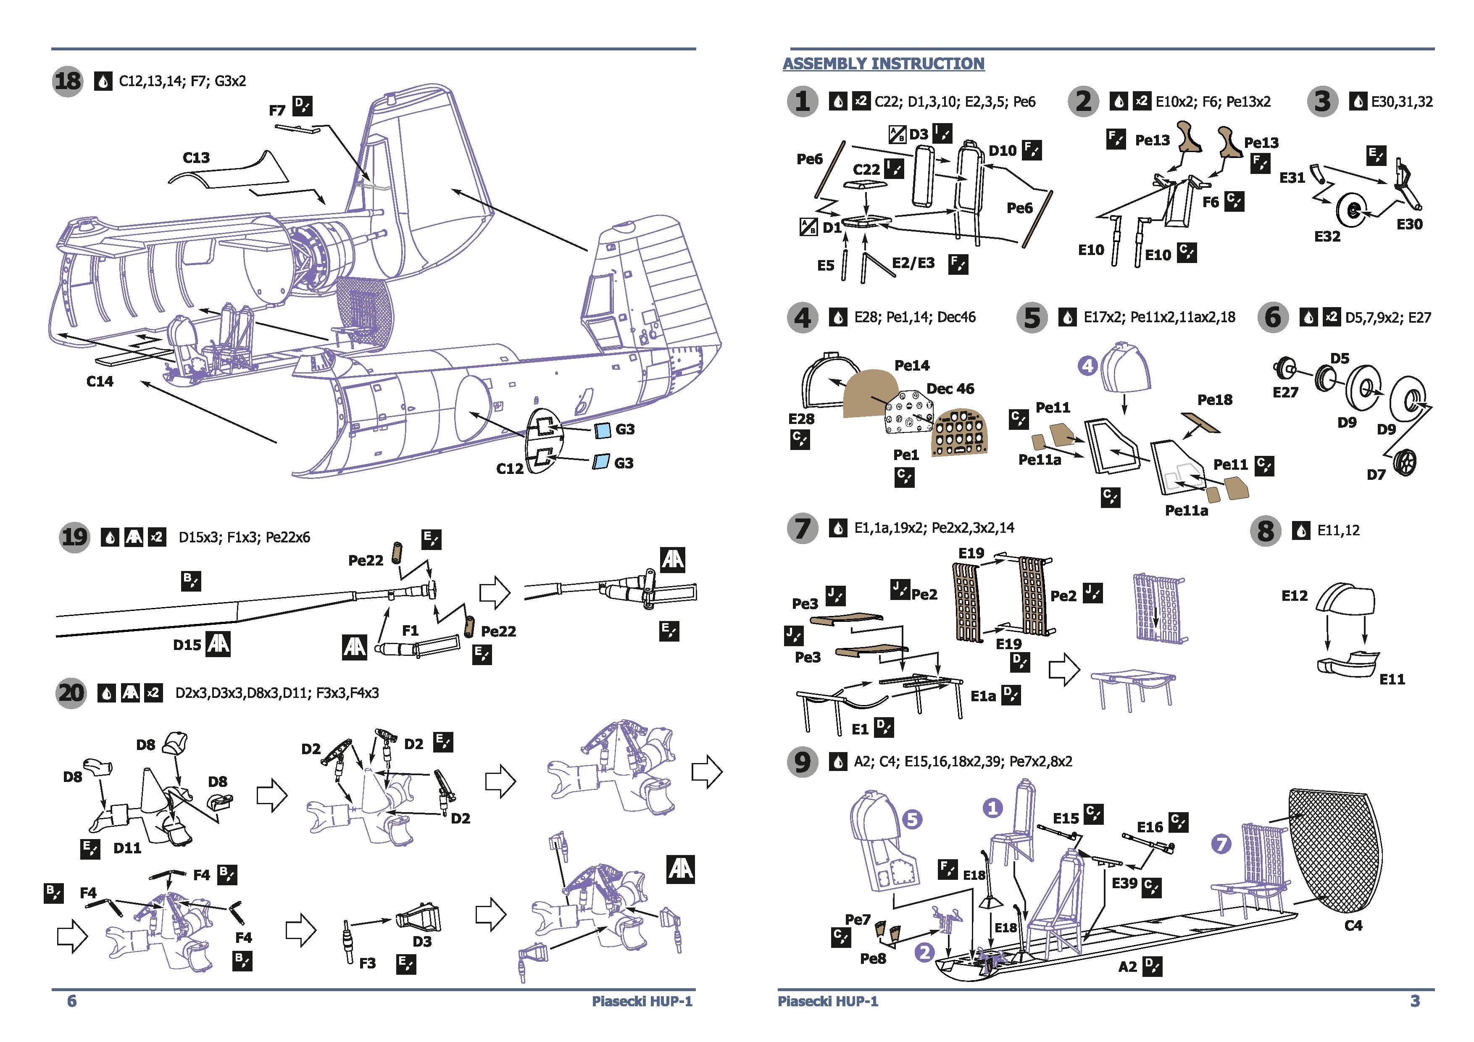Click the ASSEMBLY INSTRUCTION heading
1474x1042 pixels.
click(x=883, y=63)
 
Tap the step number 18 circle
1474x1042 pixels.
click(x=68, y=82)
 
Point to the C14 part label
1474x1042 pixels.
click(x=100, y=382)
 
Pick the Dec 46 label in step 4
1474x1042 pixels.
click(x=950, y=389)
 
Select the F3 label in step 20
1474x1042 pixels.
click(x=367, y=963)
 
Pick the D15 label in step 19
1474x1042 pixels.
click(x=187, y=645)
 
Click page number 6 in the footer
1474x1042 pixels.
click(x=72, y=1001)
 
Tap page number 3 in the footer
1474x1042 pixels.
click(x=1415, y=1001)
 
